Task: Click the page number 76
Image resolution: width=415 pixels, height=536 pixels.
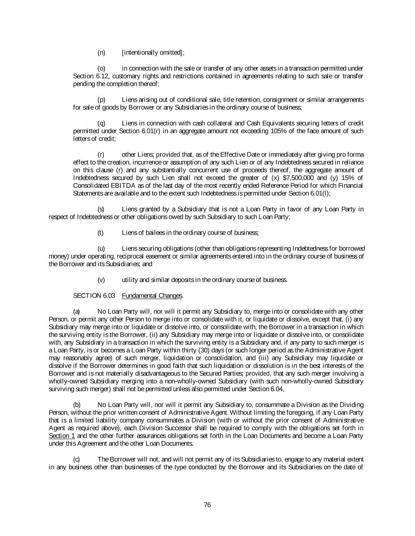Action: tap(207, 505)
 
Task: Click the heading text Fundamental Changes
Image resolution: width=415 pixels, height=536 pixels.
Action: tap(152, 295)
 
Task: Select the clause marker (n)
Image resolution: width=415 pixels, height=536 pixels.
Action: tap(101, 53)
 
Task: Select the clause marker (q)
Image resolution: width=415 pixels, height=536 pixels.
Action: tap(101, 123)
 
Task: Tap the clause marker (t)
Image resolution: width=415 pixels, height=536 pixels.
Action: tap(100, 232)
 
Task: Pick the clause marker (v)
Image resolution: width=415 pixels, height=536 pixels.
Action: tap(101, 280)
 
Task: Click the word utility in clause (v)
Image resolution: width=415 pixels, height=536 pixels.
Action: tap(130, 280)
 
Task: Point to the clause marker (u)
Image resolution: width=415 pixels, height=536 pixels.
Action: tap(101, 248)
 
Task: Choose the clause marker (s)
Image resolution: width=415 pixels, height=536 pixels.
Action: tap(101, 209)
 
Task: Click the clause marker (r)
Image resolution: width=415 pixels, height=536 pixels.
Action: tap(101, 154)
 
